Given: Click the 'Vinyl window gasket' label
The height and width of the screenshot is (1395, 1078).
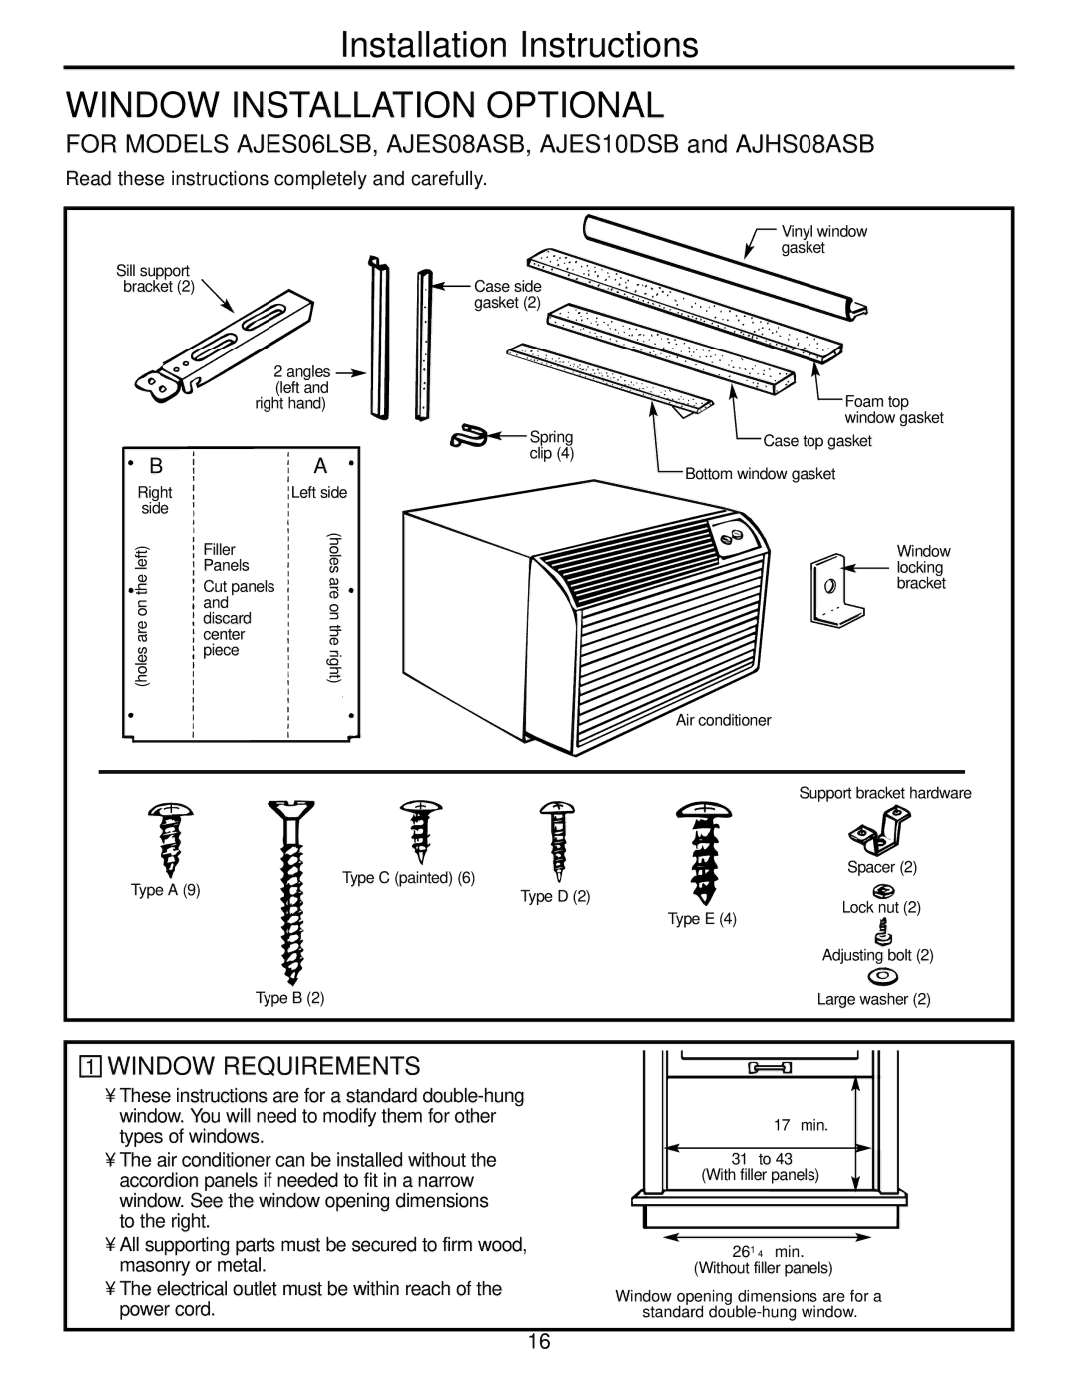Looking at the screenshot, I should click(823, 239).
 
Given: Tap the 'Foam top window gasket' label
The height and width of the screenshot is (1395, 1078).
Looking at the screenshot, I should click(893, 409).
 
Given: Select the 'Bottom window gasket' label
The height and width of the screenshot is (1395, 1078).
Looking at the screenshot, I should click(760, 474).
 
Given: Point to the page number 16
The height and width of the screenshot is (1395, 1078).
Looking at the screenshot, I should click(540, 1342).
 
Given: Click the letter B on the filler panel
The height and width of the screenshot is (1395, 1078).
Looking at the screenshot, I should click(156, 467).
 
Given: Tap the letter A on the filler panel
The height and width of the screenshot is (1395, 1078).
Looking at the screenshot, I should click(320, 467).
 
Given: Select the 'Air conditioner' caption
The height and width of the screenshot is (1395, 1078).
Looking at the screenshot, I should click(724, 720).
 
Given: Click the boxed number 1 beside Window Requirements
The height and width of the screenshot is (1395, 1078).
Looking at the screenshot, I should click(91, 1064).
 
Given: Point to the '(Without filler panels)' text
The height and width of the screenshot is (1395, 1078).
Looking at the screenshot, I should click(764, 1268).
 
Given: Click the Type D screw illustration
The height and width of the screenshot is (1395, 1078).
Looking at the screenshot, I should click(555, 846).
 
